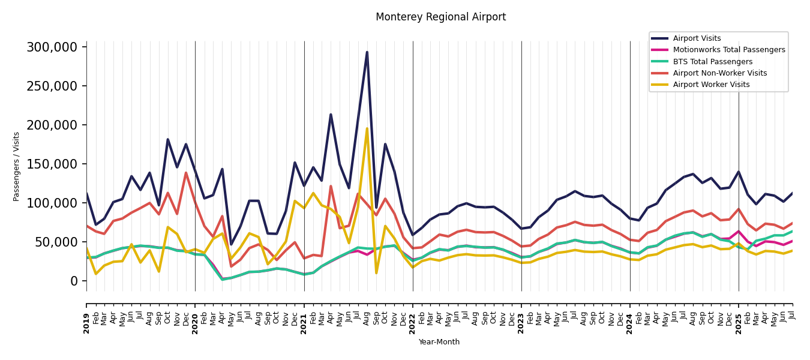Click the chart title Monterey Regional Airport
tap(440, 17)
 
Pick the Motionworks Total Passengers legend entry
tap(728, 50)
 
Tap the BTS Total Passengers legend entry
tap(712, 62)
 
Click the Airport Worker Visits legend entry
tap(711, 85)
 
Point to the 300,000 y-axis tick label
tap(52, 47)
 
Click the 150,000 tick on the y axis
tap(52, 164)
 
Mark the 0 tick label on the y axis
tap(74, 281)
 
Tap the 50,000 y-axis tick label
tap(56, 242)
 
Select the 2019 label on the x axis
tap(86, 323)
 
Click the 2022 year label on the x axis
tap(413, 323)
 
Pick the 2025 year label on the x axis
tap(739, 323)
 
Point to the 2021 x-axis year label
tap(304, 323)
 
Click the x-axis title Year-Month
tap(439, 342)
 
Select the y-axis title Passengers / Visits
tap(16, 166)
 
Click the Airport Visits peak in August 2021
tap(367, 52)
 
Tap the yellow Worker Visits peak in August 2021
tap(367, 128)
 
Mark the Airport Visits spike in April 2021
tap(331, 115)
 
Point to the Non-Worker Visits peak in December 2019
tap(186, 173)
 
